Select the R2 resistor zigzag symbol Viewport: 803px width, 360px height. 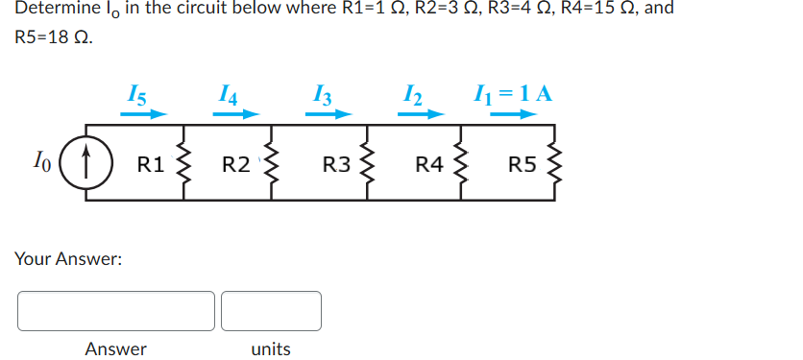click(x=273, y=163)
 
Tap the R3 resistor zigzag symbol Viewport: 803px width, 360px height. click(x=366, y=163)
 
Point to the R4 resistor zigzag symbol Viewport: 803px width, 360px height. click(x=460, y=163)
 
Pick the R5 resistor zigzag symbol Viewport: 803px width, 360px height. click(x=553, y=163)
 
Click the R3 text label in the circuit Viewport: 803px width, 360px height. click(x=336, y=163)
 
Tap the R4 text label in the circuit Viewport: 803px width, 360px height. click(x=428, y=163)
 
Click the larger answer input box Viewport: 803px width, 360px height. click(x=115, y=311)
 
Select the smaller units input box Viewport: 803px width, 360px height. click(x=271, y=311)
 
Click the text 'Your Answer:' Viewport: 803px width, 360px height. click(x=68, y=258)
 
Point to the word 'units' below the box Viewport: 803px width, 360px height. click(x=271, y=348)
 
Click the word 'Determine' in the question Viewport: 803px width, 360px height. click(x=59, y=9)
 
